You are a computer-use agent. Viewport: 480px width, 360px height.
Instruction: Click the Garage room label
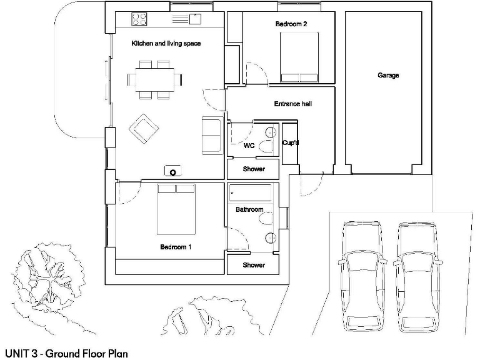coord(387,76)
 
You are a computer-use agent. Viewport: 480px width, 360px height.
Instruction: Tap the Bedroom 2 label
coord(291,24)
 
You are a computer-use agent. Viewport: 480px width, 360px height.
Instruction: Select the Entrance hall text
coord(292,104)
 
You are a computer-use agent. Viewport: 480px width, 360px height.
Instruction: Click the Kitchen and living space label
coord(165,44)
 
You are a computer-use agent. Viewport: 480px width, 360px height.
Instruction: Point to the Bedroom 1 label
coord(176,247)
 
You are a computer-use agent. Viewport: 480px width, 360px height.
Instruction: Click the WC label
coord(248,146)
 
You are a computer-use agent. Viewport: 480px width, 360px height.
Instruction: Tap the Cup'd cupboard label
coord(291,143)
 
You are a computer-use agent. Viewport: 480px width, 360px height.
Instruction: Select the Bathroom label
coord(249,209)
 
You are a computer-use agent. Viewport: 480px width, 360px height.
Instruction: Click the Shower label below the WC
coord(254,169)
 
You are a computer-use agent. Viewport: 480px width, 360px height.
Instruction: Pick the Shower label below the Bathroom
coord(254,265)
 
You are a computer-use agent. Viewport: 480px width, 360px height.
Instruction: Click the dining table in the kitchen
coord(155,79)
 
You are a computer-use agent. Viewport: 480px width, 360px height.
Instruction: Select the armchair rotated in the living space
coord(143,128)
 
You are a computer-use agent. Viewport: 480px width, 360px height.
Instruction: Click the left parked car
coord(362,275)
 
